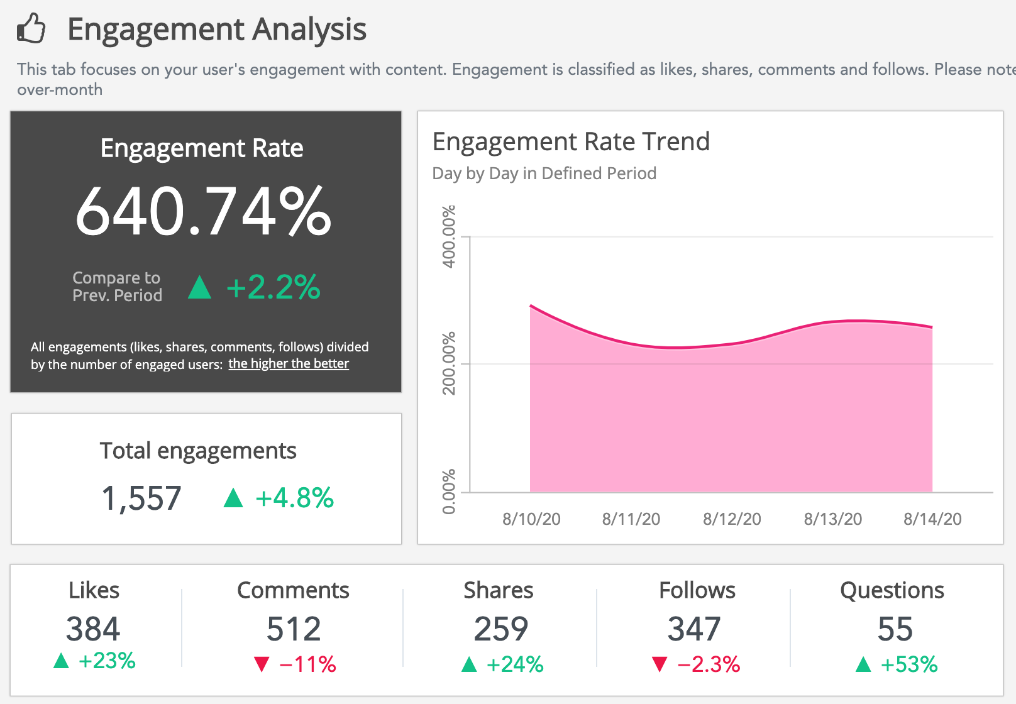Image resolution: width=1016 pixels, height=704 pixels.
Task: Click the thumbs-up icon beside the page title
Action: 31,28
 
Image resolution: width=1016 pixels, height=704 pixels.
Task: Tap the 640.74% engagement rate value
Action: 203,212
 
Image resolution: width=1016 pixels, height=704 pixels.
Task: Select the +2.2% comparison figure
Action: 273,287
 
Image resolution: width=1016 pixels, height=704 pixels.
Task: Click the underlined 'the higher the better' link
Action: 288,364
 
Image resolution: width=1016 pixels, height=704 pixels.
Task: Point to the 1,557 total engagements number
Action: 141,498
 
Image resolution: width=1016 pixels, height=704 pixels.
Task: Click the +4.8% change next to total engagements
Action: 294,498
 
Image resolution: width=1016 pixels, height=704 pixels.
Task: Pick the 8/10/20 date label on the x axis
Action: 531,519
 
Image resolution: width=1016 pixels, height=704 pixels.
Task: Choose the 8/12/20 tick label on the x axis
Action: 732,519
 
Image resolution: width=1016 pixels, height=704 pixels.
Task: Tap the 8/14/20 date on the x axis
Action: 932,519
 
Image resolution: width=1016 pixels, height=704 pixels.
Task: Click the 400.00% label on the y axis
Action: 449,237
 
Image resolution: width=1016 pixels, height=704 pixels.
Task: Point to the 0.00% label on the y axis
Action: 449,492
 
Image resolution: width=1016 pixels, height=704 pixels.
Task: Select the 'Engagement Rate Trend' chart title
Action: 571,141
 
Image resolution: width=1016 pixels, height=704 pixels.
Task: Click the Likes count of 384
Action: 93,629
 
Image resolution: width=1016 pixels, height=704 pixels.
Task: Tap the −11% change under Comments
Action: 307,664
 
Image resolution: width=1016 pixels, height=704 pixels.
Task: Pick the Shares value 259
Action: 500,629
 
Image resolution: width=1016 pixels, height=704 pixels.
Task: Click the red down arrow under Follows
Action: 660,664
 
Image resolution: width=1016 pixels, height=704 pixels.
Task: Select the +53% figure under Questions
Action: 909,664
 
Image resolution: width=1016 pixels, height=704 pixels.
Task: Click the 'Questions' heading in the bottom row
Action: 892,590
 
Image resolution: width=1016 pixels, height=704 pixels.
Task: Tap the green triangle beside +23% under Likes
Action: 61,661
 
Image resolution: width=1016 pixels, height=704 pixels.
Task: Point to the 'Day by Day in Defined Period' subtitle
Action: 544,173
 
